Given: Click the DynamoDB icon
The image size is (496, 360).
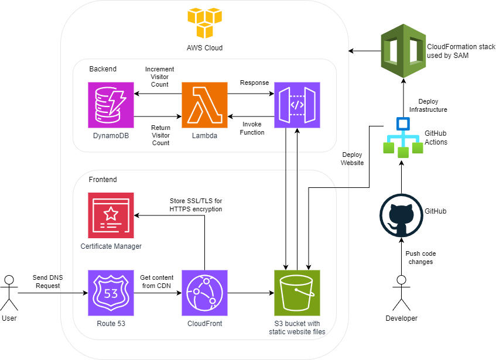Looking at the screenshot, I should tap(111, 105).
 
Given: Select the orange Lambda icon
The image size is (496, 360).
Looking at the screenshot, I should tap(204, 105).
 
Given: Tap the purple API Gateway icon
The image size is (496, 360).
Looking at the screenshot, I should tap(297, 105).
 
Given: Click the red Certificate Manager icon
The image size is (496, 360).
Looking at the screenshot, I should tap(111, 215).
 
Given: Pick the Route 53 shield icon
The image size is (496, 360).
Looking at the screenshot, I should tap(111, 293).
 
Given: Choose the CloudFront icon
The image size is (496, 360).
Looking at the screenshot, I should tap(204, 293).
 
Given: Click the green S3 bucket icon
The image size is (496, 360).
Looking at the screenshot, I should tap(297, 293).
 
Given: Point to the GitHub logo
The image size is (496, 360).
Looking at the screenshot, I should tap(401, 215).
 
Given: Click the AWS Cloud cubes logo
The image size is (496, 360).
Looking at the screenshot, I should tap(204, 22).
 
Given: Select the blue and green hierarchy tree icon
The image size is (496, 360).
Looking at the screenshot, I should tap(402, 138).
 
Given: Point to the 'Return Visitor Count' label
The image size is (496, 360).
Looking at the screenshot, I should tap(160, 135).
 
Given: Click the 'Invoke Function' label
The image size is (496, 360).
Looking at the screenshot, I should tap(253, 128).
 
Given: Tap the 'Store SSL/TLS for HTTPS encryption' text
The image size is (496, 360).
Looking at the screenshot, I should tap(196, 205).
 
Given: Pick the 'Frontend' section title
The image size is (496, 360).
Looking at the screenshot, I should tap(102, 180).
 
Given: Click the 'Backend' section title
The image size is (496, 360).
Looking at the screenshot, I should tap(102, 69).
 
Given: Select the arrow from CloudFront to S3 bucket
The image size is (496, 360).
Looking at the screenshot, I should tap(251, 293).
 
